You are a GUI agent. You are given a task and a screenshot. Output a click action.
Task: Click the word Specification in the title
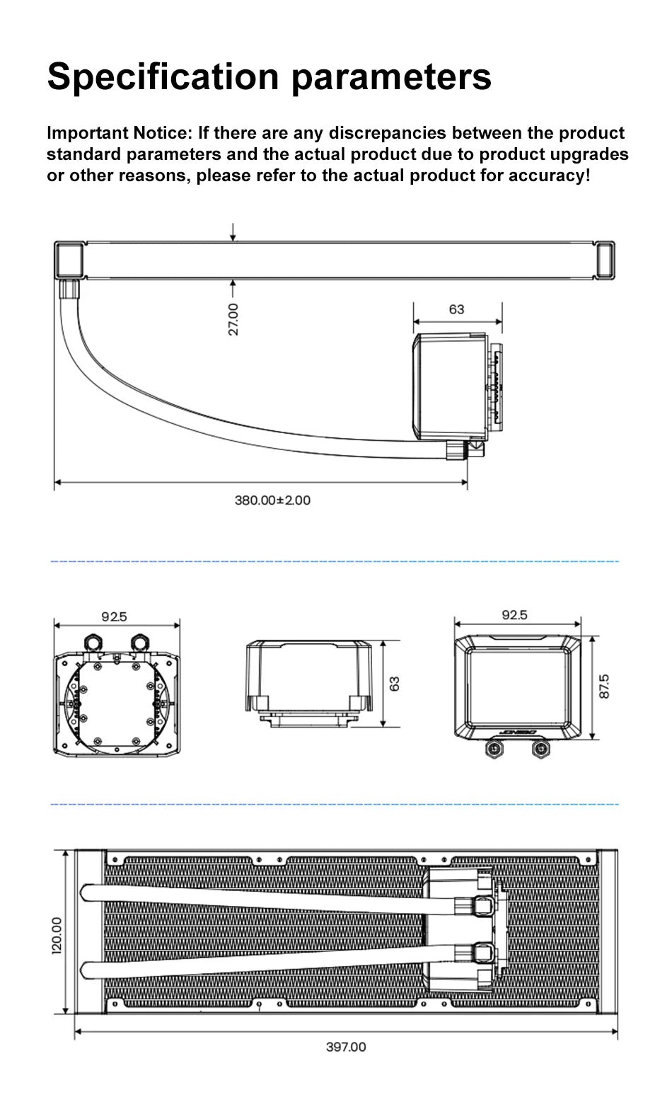[164, 76]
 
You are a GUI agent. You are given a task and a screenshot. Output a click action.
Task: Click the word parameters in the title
[391, 76]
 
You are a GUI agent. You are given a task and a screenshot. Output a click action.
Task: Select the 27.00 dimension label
[234, 319]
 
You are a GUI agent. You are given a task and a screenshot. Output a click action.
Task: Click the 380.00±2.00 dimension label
[272, 500]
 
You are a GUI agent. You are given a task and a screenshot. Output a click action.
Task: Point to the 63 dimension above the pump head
[457, 309]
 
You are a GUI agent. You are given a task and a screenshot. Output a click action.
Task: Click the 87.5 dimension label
[604, 687]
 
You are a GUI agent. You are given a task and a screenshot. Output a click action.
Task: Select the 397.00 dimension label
[346, 1047]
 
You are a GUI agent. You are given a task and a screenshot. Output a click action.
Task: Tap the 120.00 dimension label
[57, 934]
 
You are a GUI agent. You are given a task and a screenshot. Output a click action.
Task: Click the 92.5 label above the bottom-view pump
[114, 616]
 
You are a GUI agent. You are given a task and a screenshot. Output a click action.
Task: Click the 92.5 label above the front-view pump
[514, 615]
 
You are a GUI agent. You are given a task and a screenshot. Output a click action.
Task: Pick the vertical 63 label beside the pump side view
[395, 684]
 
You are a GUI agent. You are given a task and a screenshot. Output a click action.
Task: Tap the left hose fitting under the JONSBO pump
[493, 750]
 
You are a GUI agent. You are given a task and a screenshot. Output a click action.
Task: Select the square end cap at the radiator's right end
[606, 260]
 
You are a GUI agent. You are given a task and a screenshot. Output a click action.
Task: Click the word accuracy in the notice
[550, 175]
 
